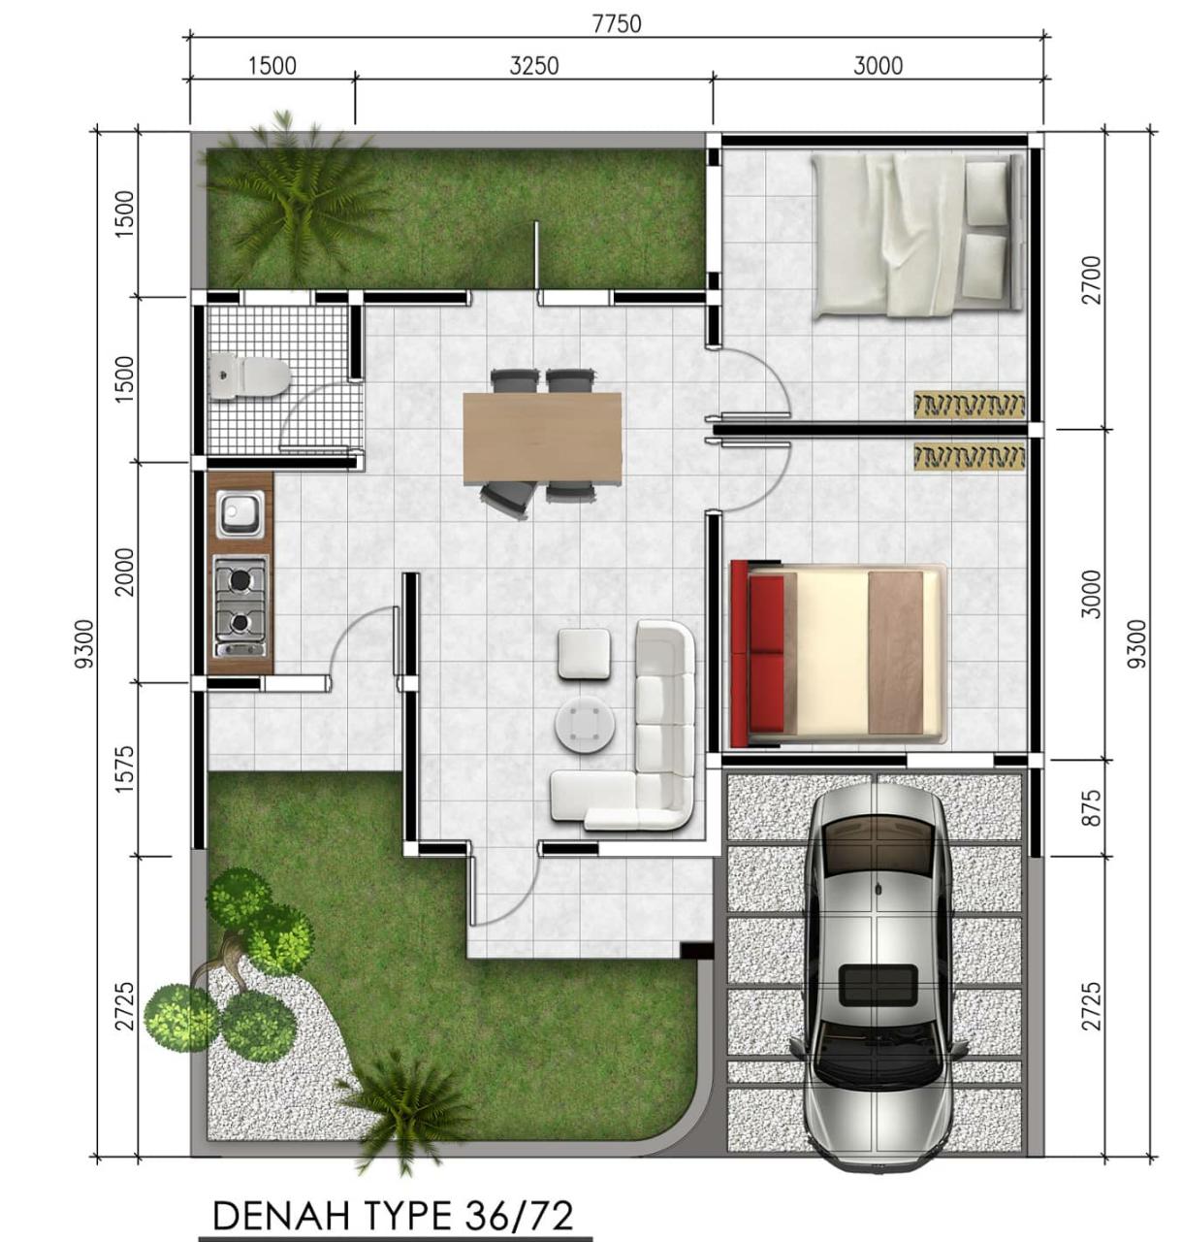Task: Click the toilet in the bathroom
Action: [250, 376]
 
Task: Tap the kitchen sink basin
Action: [240, 514]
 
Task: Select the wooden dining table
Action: [542, 438]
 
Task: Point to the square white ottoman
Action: [584, 654]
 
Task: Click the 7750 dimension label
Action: [617, 24]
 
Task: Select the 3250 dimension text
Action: [533, 66]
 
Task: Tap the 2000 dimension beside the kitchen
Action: [125, 572]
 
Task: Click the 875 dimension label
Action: [1091, 806]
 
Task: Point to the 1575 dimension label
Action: [125, 769]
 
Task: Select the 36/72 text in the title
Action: [518, 1215]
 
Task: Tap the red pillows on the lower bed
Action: [766, 652]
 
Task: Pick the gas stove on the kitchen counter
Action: [240, 605]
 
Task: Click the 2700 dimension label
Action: [1091, 279]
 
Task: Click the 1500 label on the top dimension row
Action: [272, 66]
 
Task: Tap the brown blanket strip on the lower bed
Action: [895, 652]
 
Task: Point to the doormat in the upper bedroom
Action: [970, 405]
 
